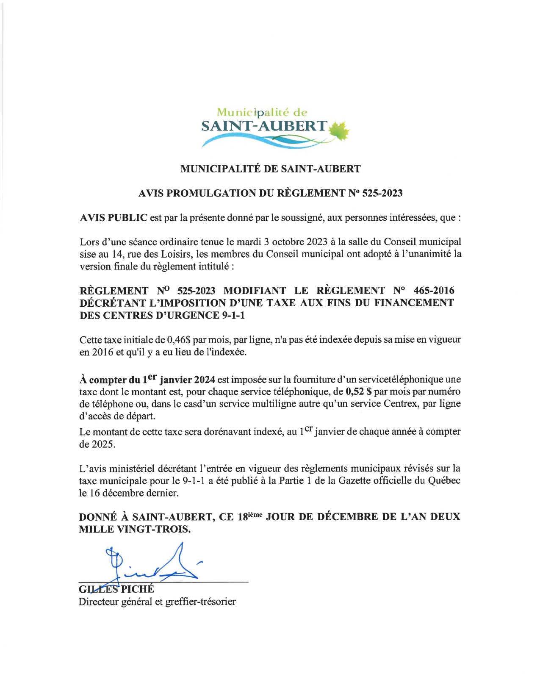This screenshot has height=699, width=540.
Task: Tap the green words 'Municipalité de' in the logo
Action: click(x=262, y=112)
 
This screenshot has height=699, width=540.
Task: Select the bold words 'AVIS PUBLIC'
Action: click(x=114, y=218)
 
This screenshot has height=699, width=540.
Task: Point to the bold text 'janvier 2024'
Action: click(x=187, y=380)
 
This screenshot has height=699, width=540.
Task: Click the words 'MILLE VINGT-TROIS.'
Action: click(x=135, y=529)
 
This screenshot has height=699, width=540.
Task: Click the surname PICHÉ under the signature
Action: click(x=138, y=589)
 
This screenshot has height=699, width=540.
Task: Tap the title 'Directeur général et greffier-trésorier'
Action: click(x=157, y=602)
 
